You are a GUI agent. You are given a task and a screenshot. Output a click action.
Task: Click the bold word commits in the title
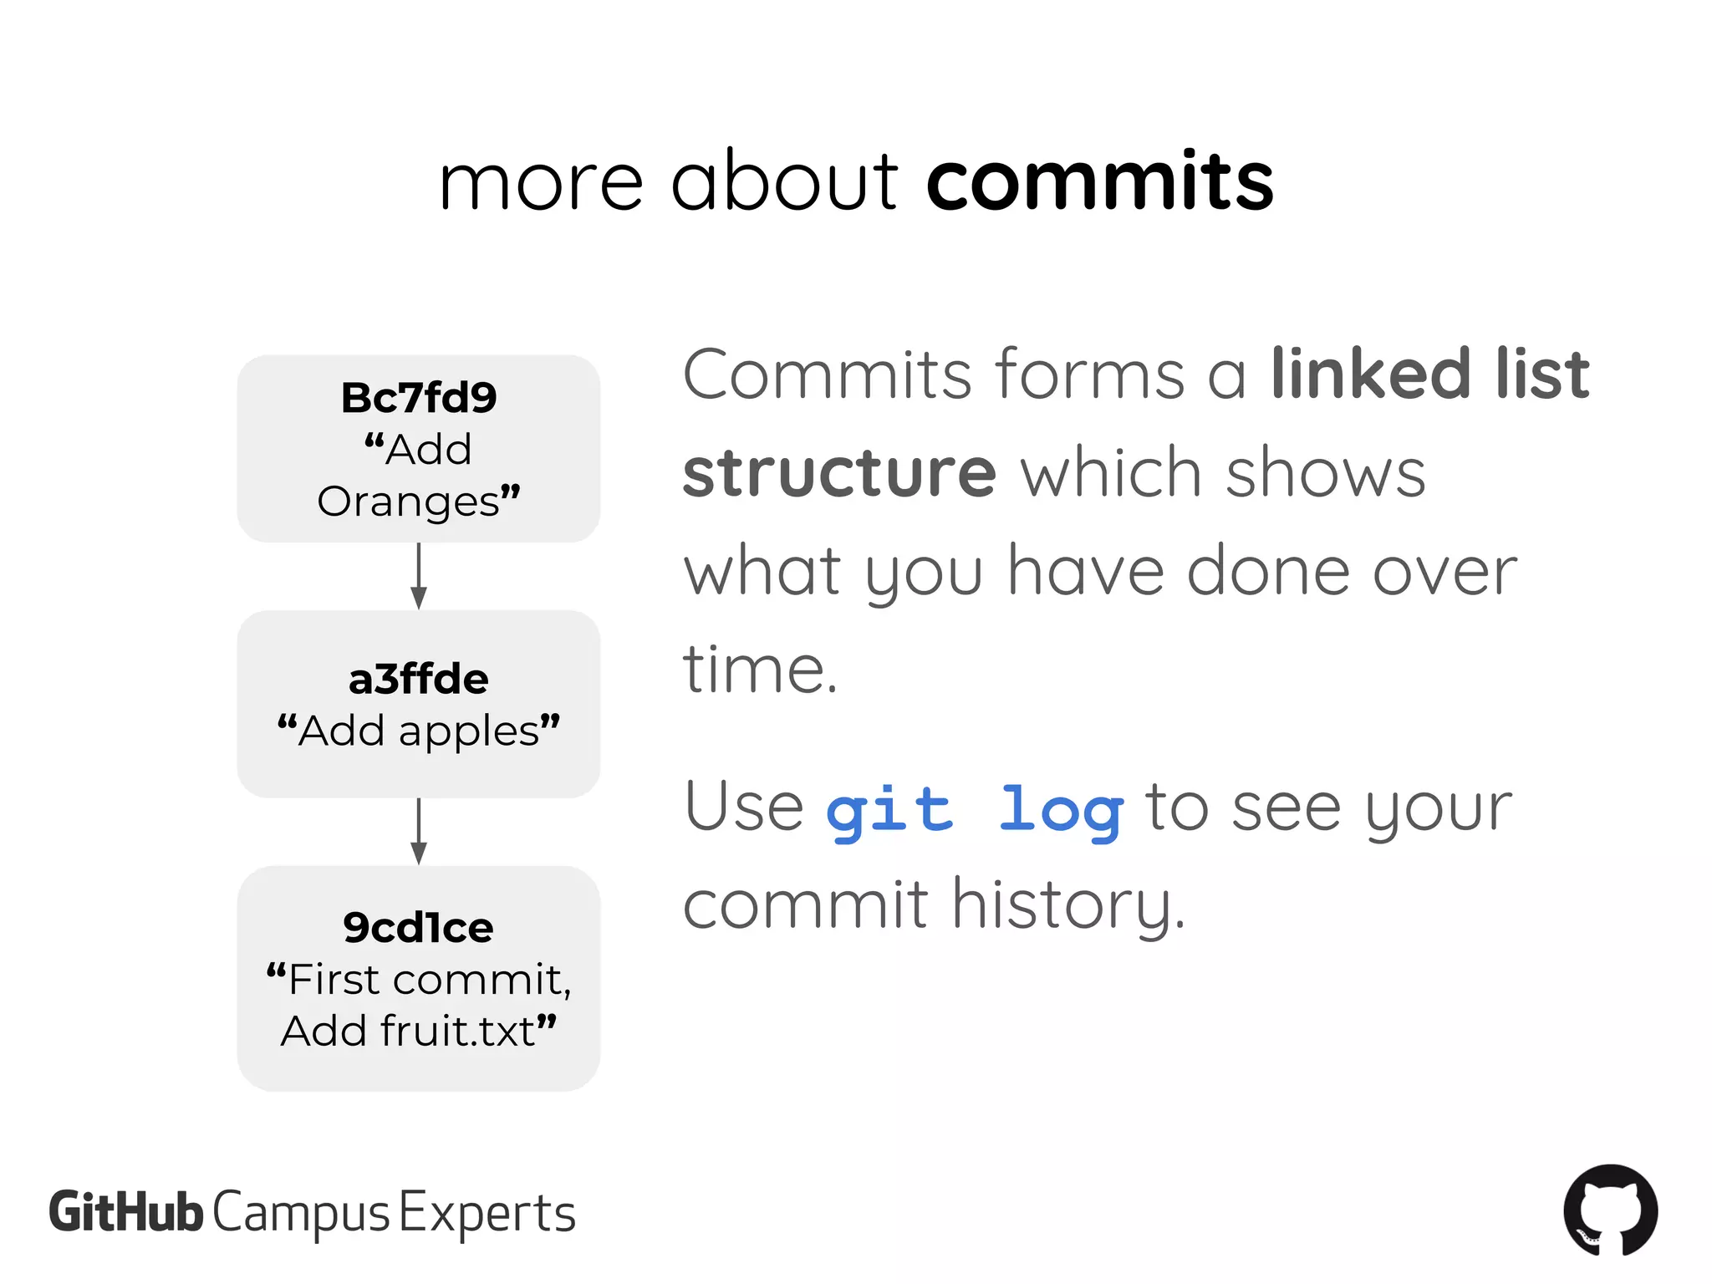tap(1099, 181)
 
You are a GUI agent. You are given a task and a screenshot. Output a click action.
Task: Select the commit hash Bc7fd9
tap(418, 398)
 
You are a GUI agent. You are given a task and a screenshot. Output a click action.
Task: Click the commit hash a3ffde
tap(418, 679)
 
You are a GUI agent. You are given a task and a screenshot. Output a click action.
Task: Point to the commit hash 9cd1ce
tap(418, 927)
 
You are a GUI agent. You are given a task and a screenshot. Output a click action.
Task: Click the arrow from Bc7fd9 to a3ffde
tap(419, 576)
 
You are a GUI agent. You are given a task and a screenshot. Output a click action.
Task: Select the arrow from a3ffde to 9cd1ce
tap(419, 831)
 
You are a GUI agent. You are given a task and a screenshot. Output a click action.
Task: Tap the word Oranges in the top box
tap(408, 502)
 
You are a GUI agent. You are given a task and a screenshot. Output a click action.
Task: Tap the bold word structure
tap(839, 473)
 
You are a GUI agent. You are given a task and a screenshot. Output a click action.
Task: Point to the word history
tap(1068, 905)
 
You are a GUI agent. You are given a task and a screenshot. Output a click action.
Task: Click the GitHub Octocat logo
tap(1610, 1210)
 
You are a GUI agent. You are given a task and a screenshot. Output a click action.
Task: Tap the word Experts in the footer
tap(487, 1214)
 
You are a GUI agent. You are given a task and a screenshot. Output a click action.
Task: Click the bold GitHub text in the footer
tap(125, 1212)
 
